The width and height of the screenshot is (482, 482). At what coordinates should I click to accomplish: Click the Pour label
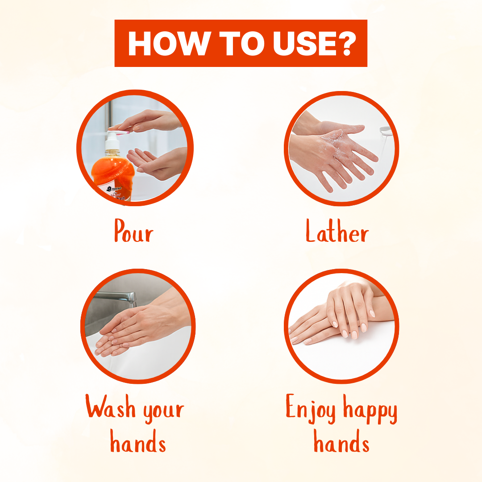[x=133, y=232]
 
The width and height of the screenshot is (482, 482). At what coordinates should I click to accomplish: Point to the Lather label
[x=337, y=233]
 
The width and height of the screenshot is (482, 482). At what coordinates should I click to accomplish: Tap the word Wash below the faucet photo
[x=110, y=408]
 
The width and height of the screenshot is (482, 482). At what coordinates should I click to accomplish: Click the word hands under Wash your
[x=138, y=444]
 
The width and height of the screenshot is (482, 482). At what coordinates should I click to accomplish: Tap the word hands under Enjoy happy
[x=341, y=444]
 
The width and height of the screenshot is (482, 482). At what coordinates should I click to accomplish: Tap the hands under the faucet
[x=134, y=330]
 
